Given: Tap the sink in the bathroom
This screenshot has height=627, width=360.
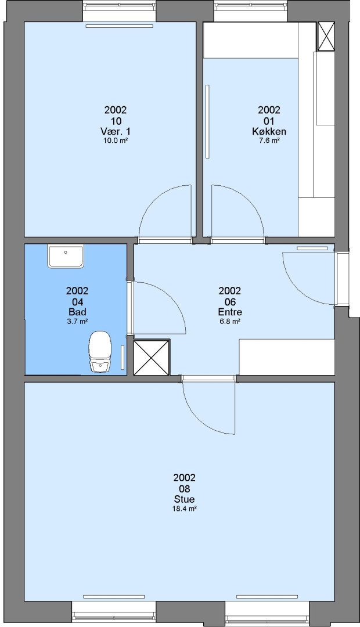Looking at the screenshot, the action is pos(66,257).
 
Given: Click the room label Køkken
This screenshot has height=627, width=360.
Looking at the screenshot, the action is pos(269,132).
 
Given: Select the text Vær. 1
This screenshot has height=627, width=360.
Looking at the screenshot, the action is pos(115,132).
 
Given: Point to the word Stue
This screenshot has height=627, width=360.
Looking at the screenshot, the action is pos(185,499).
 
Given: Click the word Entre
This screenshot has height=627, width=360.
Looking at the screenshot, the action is pos(230,312).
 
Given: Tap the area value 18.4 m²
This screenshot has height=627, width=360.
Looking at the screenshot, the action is pos(185,509).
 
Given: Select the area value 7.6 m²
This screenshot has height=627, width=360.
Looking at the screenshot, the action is pos(269,140).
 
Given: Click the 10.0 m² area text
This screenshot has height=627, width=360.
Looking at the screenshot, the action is pos(115,140).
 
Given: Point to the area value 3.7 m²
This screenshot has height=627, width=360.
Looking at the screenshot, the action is pos(77,322).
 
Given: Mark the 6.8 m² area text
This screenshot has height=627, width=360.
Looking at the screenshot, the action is pos(230,322).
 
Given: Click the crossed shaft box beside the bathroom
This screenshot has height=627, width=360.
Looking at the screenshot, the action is pos(151,358).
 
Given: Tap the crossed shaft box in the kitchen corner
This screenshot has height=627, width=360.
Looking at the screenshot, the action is pos(326,37).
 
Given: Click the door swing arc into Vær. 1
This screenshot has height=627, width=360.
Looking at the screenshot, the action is pos(154,200).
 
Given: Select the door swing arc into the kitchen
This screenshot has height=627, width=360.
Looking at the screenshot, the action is pos(249,200).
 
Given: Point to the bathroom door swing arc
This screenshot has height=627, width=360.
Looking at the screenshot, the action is pos(171,297).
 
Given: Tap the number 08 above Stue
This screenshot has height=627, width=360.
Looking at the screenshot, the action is pos(185,489).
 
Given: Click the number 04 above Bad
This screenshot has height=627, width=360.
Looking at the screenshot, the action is pos(77,301).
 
